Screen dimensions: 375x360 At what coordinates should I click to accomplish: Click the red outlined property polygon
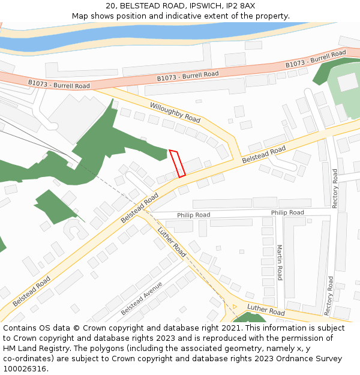click(x=177, y=163)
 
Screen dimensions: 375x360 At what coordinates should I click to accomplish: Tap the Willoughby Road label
click(x=175, y=112)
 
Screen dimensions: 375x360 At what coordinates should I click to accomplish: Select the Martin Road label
click(x=279, y=262)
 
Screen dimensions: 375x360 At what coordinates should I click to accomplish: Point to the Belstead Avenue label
click(x=142, y=298)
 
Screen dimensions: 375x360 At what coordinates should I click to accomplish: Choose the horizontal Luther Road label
click(x=266, y=311)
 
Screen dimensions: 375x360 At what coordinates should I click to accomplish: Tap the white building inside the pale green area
click(x=347, y=82)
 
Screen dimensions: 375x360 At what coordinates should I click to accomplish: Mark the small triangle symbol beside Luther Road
click(x=235, y=306)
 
